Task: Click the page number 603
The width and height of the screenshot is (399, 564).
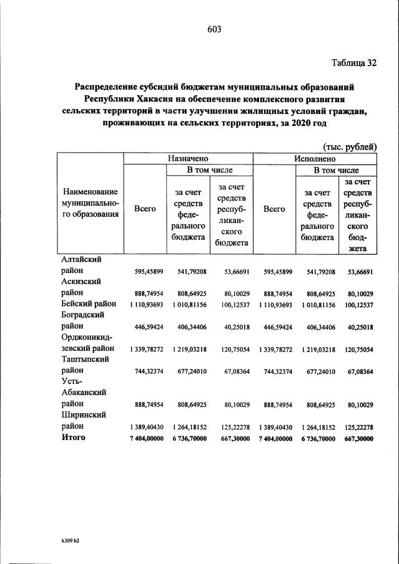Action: click(215, 29)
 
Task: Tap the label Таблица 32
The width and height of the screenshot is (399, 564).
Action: click(353, 63)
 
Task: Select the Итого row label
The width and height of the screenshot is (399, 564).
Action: click(74, 438)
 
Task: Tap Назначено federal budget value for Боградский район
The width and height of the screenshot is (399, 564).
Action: click(187, 326)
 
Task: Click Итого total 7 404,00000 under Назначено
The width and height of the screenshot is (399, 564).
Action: click(145, 439)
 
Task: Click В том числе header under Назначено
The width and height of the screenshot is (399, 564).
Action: click(209, 170)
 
